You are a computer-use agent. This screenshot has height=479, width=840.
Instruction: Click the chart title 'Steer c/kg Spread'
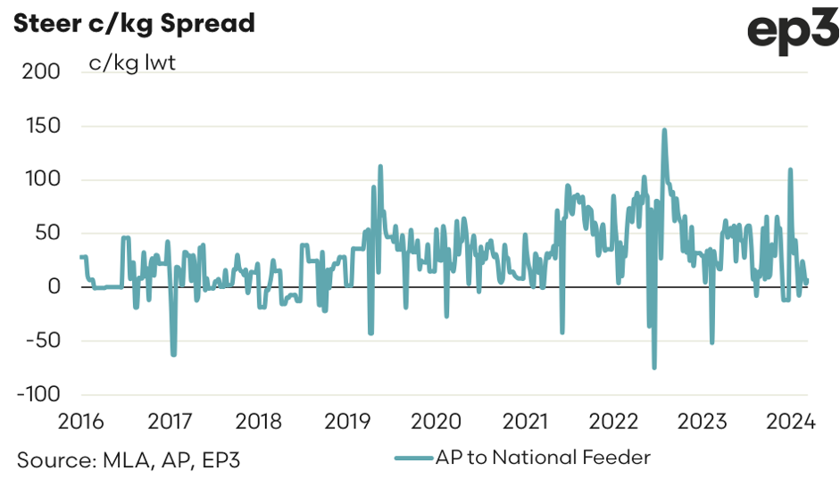pos(133,23)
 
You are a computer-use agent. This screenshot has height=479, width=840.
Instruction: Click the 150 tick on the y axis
pos(41,126)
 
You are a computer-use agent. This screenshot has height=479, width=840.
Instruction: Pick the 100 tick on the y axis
pos(41,179)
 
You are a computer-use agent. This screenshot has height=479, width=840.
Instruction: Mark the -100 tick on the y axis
pos(36,393)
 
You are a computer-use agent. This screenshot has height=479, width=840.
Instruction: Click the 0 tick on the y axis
pos(54,286)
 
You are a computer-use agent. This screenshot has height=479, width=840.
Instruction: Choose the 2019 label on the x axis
pos(347,421)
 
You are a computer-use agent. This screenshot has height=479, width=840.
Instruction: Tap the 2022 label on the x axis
pos(613,421)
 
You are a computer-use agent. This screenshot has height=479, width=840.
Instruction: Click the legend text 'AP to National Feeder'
pos(544,458)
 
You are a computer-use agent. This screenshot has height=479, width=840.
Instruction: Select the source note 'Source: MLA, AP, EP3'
pos(129,459)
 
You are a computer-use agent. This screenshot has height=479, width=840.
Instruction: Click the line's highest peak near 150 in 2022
pos(664,130)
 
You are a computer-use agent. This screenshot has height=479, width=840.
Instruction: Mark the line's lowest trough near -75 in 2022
pos(654,367)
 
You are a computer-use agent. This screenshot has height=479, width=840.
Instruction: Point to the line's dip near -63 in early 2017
pos(173,355)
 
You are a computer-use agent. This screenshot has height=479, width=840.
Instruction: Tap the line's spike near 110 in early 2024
pos(790,169)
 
